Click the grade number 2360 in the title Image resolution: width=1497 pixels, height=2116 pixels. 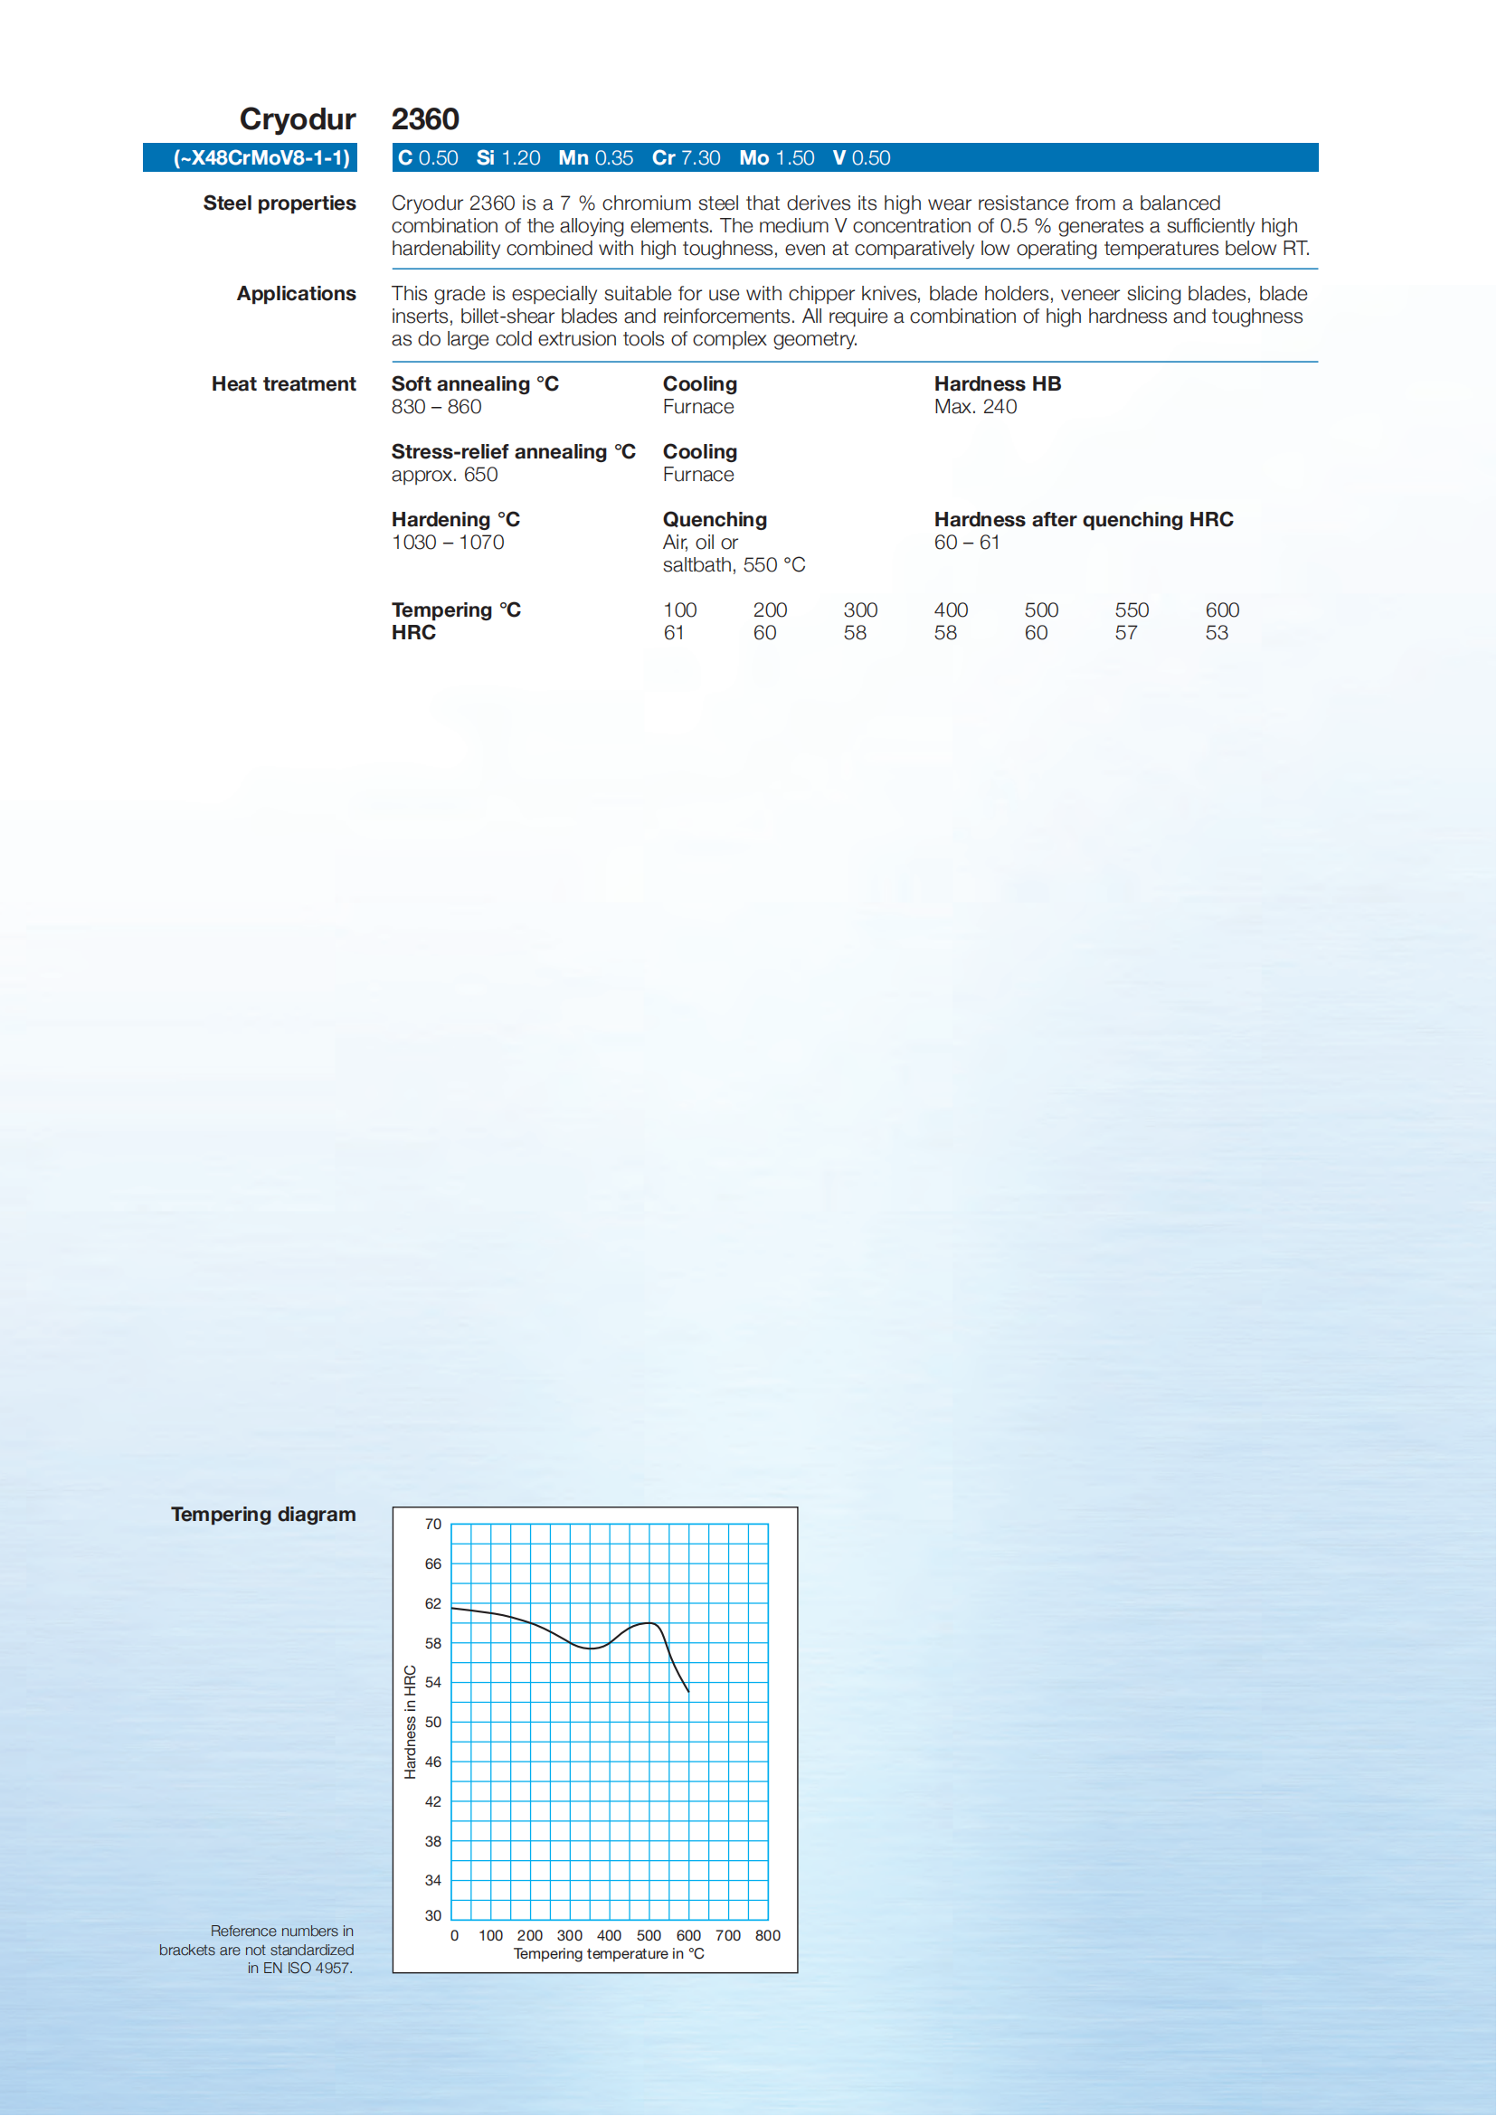click(425, 118)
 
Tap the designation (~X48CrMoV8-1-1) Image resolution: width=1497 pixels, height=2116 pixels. click(261, 157)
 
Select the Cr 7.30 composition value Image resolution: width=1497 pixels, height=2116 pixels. click(686, 157)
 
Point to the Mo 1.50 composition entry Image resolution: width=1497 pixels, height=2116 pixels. click(776, 157)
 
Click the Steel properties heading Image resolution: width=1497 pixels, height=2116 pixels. click(280, 203)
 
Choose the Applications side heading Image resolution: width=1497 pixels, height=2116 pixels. click(296, 293)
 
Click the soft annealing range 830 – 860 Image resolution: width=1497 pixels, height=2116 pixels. click(436, 406)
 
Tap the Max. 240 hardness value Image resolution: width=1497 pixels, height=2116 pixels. click(975, 406)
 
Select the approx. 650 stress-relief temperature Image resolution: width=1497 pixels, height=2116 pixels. click(444, 475)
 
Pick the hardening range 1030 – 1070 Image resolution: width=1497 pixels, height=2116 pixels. click(448, 542)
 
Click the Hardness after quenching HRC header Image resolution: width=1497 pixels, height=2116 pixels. click(1083, 519)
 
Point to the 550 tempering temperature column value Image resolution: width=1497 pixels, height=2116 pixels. click(1131, 610)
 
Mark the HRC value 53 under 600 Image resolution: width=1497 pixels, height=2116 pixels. click(1217, 633)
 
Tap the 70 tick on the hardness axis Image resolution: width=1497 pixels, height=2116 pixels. click(433, 1525)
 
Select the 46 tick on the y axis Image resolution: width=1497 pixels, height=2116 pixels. click(433, 1762)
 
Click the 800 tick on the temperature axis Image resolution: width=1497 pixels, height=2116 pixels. click(767, 1935)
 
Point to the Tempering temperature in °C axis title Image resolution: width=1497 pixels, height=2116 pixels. click(609, 1954)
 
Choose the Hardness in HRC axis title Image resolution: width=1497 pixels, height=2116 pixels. click(410, 1722)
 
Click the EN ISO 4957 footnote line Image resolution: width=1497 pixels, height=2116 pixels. click(299, 1968)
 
